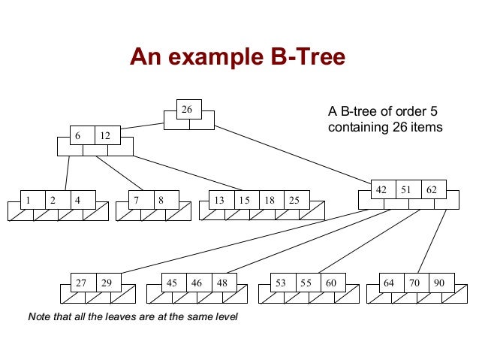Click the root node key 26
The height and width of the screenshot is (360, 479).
coord(188,110)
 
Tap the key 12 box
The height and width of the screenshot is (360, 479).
coord(104,136)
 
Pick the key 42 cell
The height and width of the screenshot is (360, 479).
coord(381,189)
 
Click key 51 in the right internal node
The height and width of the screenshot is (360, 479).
coord(406,189)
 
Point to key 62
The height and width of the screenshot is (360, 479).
coord(431,189)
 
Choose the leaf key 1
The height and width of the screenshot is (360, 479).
coord(28,200)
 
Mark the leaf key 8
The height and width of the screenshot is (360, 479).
coord(161,200)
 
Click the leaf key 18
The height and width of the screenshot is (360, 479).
coord(269,200)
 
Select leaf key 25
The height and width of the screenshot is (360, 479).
coord(294,200)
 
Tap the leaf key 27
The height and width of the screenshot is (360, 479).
coord(81,283)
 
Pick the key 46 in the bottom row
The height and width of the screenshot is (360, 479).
coord(197,283)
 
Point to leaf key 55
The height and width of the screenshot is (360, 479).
coord(306,283)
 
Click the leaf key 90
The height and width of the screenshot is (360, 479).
coord(438,283)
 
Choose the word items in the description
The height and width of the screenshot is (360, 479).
coord(426,128)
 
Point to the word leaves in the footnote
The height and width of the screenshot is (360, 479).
coord(108,316)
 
